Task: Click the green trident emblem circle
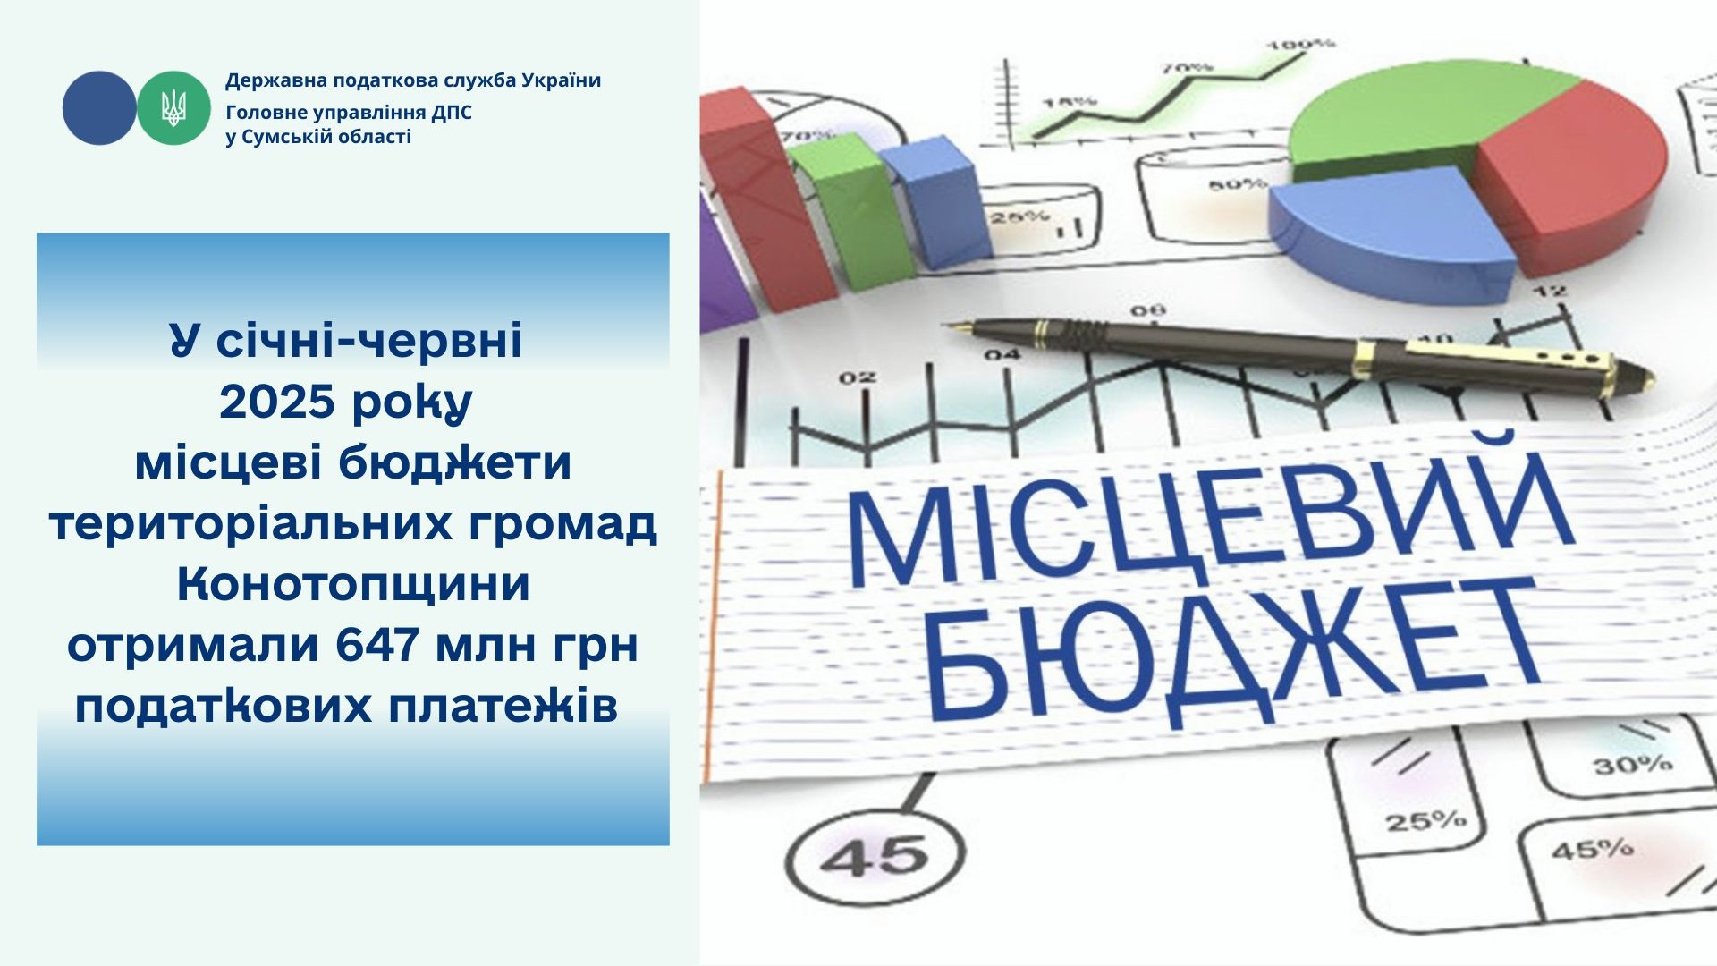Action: [x=173, y=108]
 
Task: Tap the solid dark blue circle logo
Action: [x=99, y=108]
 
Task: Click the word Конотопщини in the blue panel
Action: [x=353, y=584]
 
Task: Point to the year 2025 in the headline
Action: [x=276, y=402]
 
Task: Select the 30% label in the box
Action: [x=1631, y=765]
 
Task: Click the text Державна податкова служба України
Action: [x=413, y=80]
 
